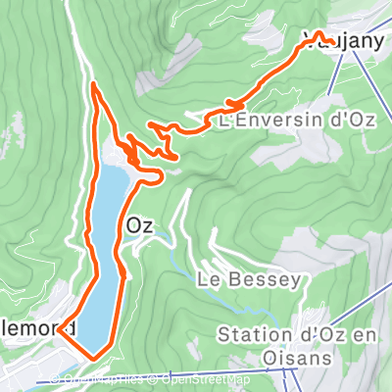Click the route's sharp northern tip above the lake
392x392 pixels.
pos(94,85)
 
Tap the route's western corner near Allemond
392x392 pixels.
pos(60,330)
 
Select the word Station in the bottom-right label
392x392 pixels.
pos(252,336)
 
